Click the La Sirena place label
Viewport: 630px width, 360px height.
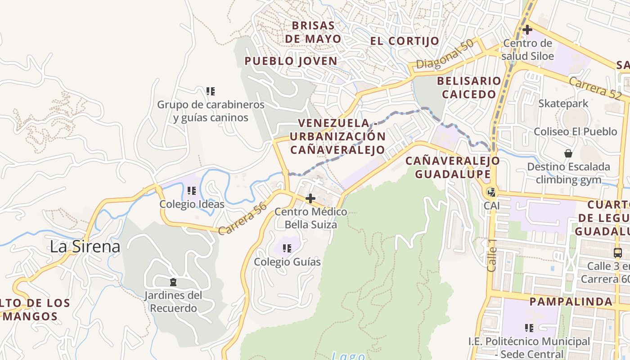(x=85, y=247)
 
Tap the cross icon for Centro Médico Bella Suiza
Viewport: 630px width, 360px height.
(x=310, y=198)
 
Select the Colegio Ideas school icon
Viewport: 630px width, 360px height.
(x=192, y=191)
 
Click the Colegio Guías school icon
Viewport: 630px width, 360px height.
(x=287, y=248)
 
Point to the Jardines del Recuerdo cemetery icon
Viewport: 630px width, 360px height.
(x=173, y=282)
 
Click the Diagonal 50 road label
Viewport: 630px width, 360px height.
(x=445, y=54)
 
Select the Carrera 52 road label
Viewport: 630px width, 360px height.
(x=595, y=88)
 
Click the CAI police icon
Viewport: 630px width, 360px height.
(x=491, y=192)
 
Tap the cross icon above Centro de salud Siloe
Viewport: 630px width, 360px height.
(x=527, y=30)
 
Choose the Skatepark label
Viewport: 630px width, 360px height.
(x=563, y=103)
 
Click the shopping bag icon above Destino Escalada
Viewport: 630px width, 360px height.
(x=568, y=153)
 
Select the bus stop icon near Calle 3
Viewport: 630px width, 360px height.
(x=618, y=252)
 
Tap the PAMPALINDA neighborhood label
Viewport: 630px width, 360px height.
(x=571, y=301)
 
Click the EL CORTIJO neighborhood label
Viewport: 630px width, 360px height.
(x=405, y=41)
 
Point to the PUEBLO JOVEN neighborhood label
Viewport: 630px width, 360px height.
(x=291, y=61)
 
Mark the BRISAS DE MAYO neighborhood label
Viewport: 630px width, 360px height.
(x=313, y=32)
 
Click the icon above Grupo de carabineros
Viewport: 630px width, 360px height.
(x=210, y=91)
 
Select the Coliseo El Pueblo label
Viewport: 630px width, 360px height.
(x=575, y=132)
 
